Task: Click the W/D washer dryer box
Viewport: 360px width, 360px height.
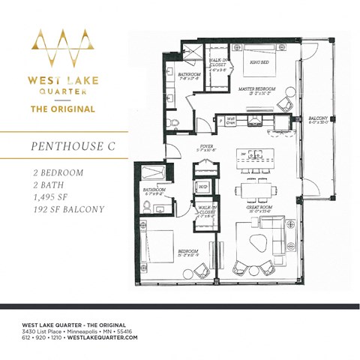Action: (x=202, y=187)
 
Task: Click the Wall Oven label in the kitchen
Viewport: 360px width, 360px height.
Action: (x=231, y=119)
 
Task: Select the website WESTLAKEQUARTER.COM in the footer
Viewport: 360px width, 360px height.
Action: (x=103, y=338)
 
